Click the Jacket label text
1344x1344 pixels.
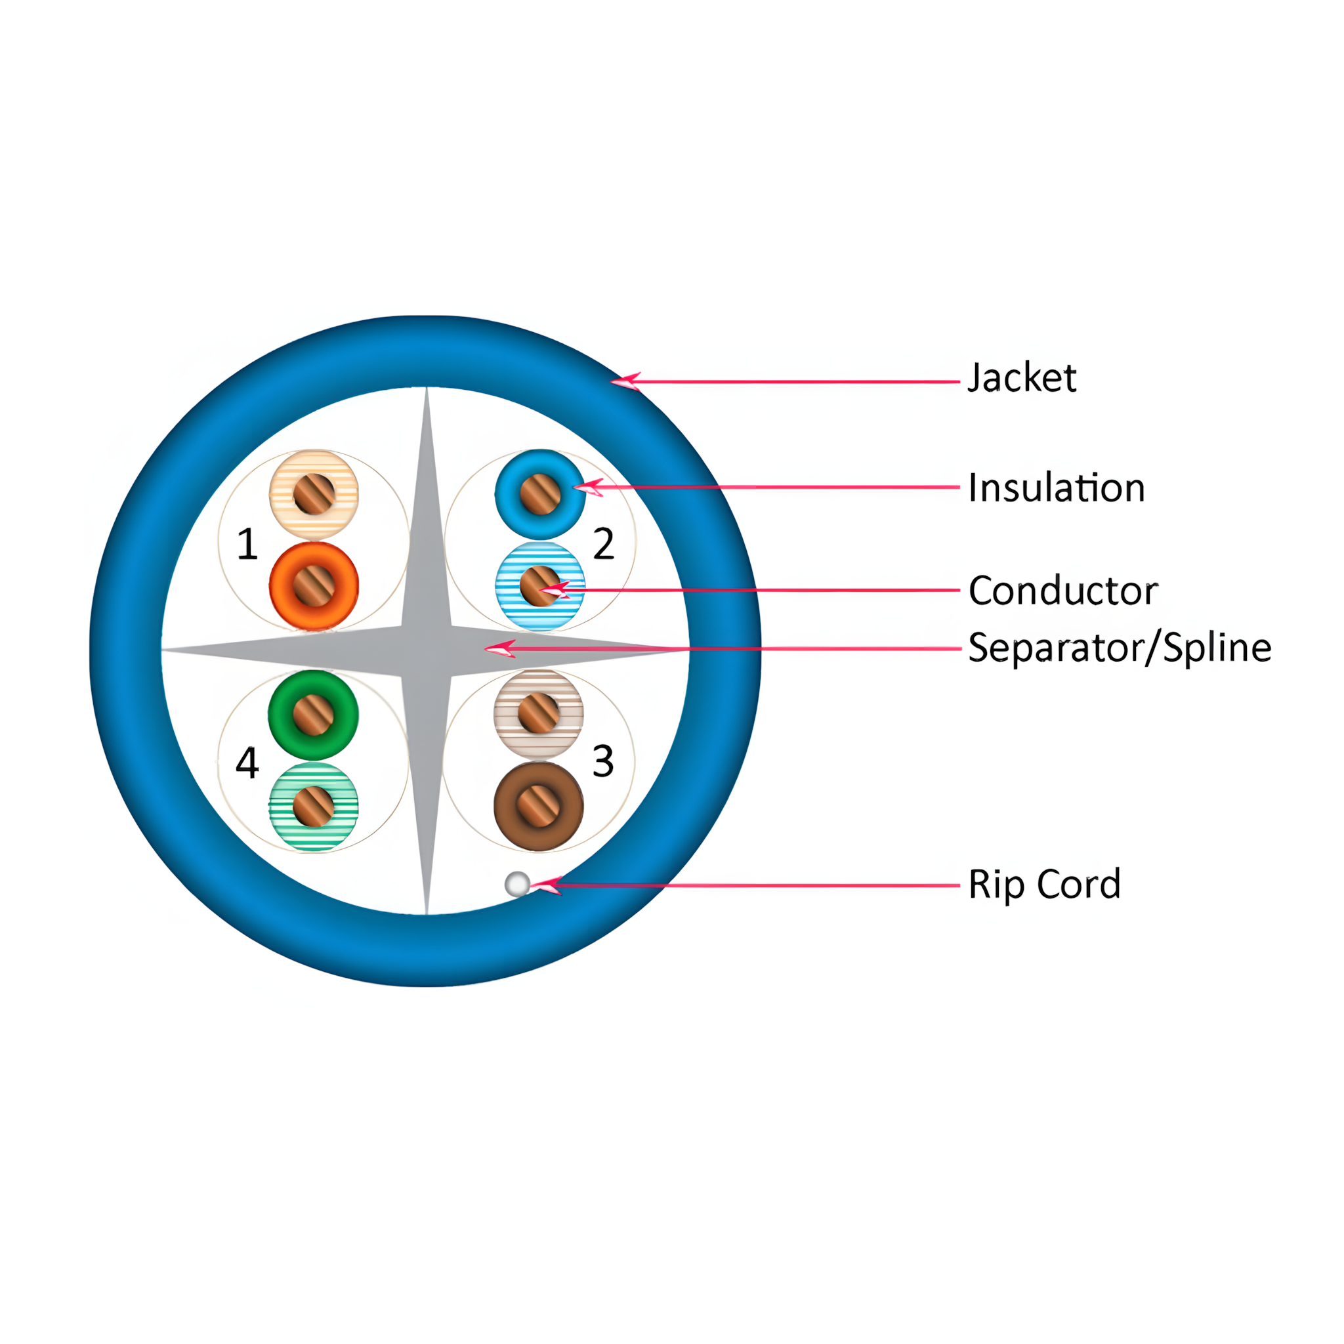pyautogui.click(x=1022, y=379)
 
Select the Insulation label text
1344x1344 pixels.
pyautogui.click(x=1056, y=488)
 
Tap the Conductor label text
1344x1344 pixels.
pyautogui.click(x=1063, y=591)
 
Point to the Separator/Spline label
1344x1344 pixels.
pyautogui.click(x=1120, y=648)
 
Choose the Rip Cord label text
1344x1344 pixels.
pyautogui.click(x=1044, y=884)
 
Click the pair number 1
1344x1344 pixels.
pyautogui.click(x=247, y=544)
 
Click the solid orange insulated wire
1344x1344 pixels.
pyautogui.click(x=314, y=586)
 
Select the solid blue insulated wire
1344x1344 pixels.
pyautogui.click(x=540, y=495)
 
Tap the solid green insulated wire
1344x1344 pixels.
pyautogui.click(x=313, y=715)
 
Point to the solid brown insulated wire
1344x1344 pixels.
pyautogui.click(x=538, y=806)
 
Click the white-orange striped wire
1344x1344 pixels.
pyautogui.click(x=314, y=494)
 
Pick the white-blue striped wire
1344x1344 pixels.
pyautogui.click(x=540, y=586)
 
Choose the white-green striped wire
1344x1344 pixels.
pyautogui.click(x=313, y=807)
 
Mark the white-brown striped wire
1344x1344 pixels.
pyautogui.click(x=538, y=713)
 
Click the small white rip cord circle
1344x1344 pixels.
pyautogui.click(x=517, y=884)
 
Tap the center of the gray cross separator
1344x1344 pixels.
pyautogui.click(x=427, y=650)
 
